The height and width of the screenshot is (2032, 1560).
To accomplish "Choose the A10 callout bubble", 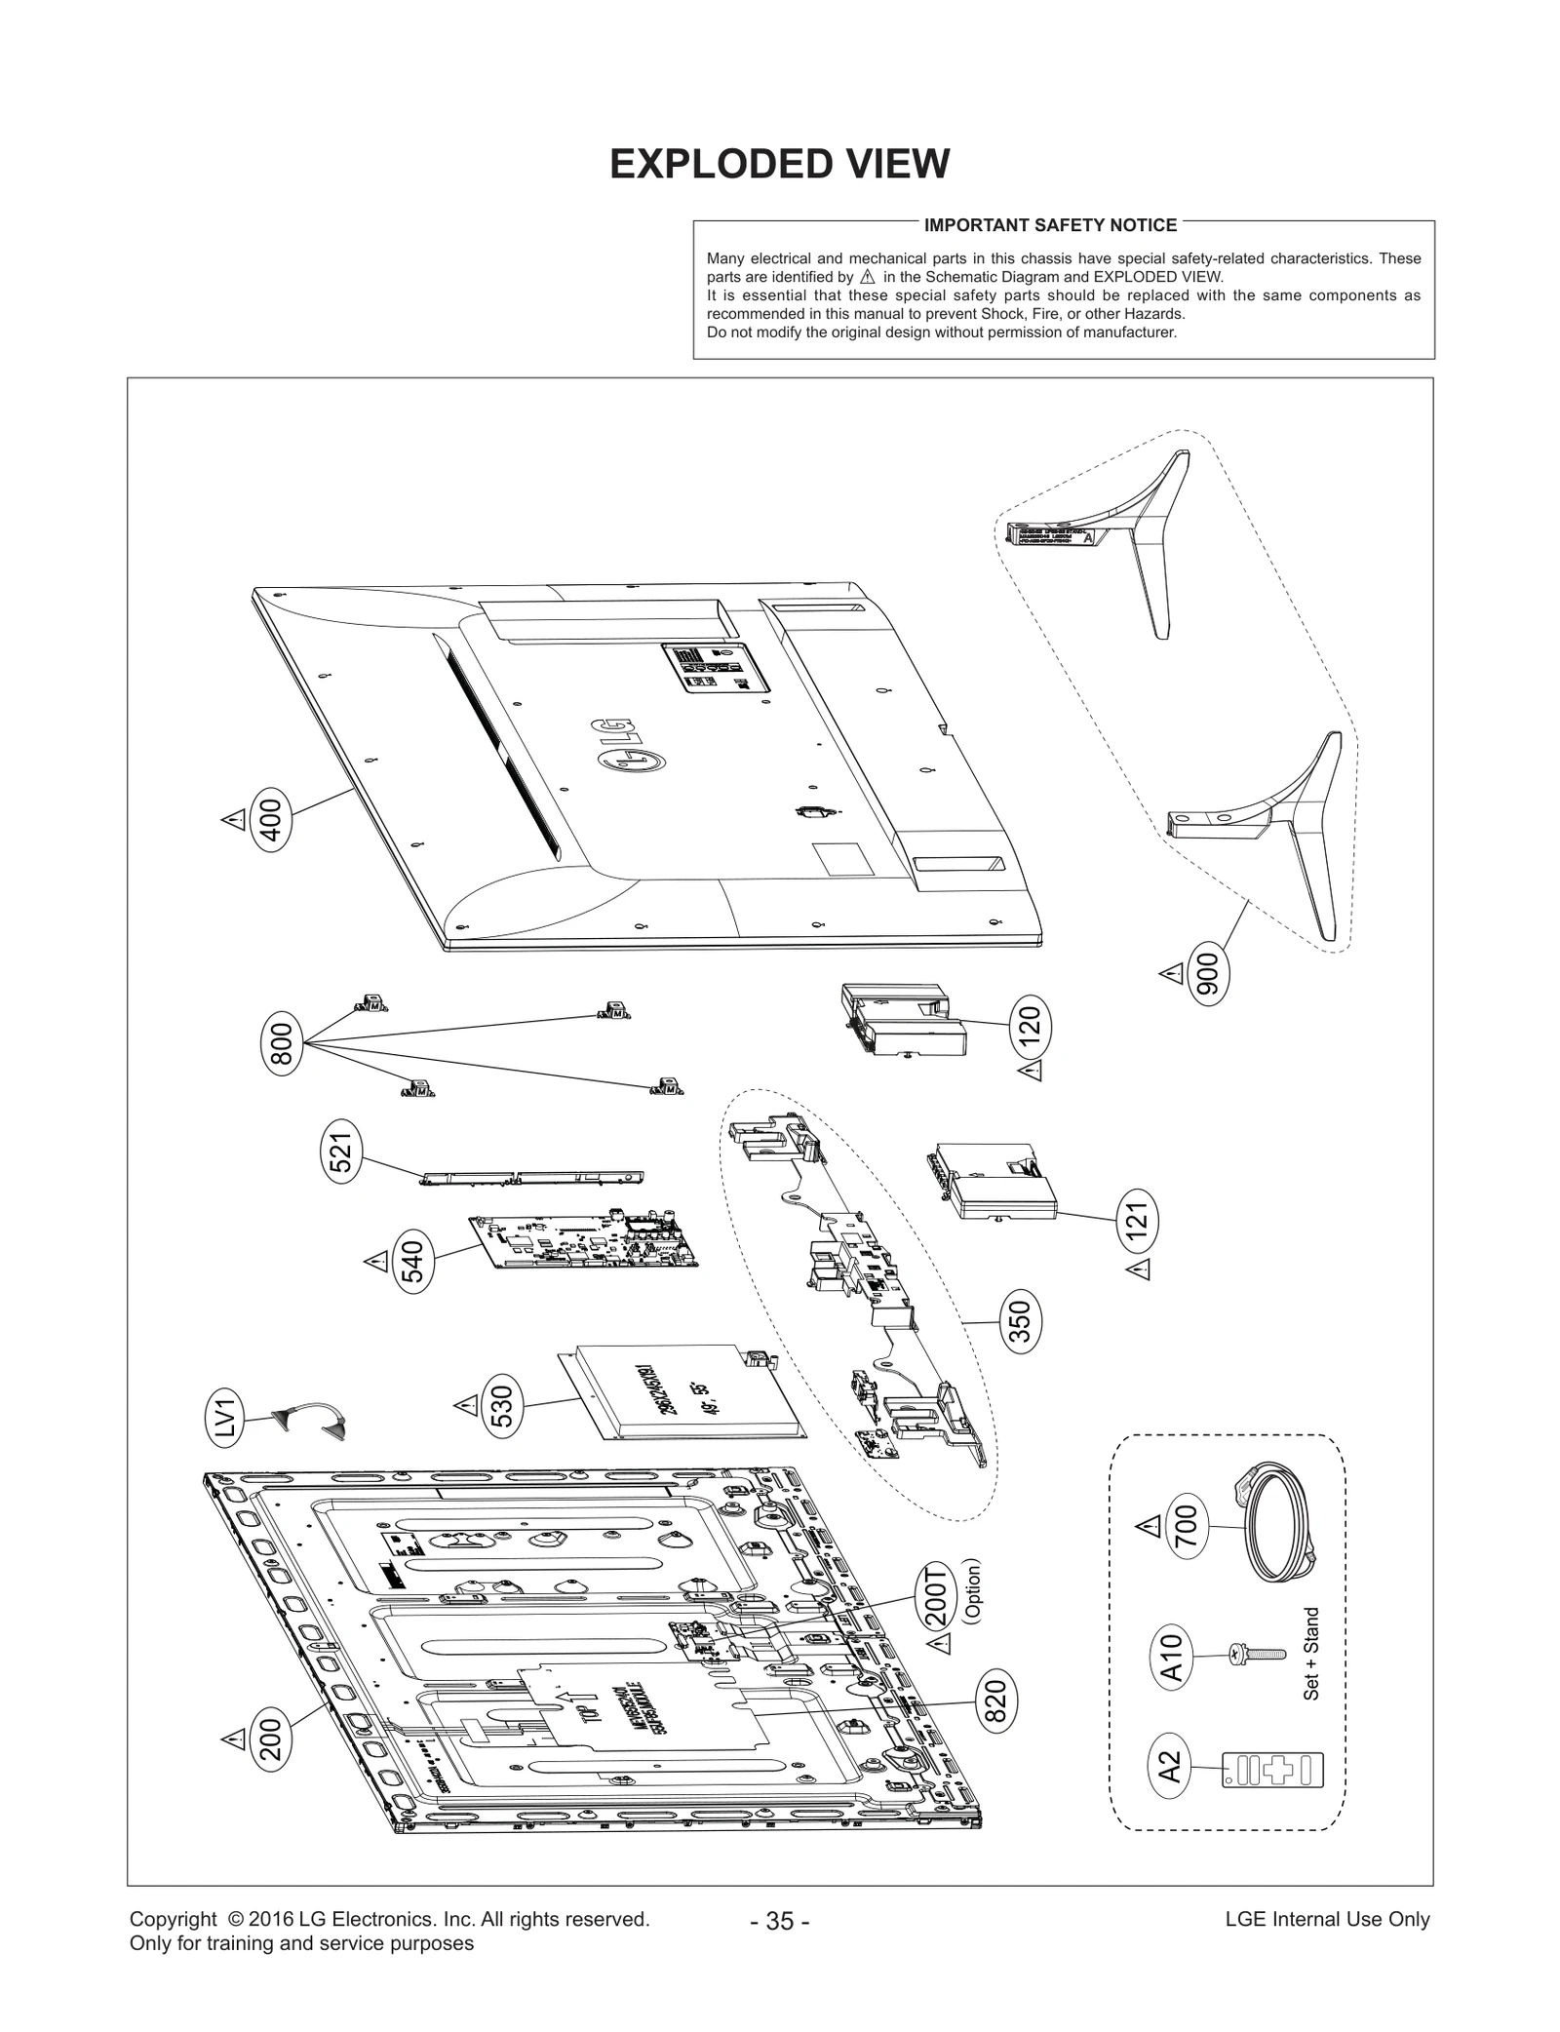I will [1171, 1655].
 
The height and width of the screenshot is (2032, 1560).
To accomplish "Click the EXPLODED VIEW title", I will [779, 164].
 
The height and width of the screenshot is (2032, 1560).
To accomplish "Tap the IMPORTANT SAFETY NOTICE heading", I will [1050, 225].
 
